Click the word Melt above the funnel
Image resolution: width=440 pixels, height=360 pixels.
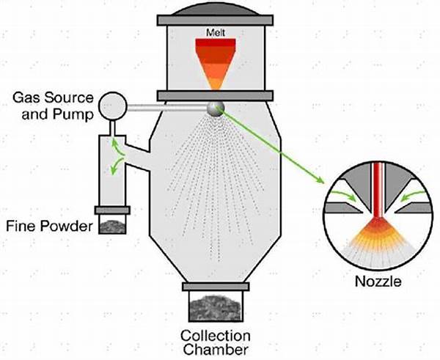tap(216, 33)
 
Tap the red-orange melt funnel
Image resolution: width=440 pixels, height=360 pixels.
tap(216, 62)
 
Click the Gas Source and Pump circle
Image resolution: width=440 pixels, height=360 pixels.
tap(112, 106)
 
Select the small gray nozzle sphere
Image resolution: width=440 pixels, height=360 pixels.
tap(216, 109)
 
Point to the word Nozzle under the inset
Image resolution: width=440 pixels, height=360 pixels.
tap(378, 281)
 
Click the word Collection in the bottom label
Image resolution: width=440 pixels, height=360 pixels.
tap(216, 336)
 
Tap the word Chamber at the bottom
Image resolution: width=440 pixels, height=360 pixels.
tap(216, 350)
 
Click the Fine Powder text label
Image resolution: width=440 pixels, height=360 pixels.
tap(49, 226)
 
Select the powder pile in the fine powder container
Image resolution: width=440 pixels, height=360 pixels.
tap(112, 227)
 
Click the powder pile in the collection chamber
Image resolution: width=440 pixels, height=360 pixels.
tap(215, 308)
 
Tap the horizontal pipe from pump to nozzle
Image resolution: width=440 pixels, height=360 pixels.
tap(167, 108)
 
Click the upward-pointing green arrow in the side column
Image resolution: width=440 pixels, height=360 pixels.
tap(117, 147)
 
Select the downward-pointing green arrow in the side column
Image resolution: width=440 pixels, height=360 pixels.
tap(117, 166)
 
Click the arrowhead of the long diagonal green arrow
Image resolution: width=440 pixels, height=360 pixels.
tap(320, 180)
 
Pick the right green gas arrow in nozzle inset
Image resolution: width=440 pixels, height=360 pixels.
tap(412, 195)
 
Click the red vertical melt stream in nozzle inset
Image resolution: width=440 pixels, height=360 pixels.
tap(378, 191)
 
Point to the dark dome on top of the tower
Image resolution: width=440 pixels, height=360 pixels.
tap(215, 10)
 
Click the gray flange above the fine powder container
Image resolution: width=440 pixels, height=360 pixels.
tap(112, 210)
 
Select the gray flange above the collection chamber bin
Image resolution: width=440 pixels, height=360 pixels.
tap(216, 287)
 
